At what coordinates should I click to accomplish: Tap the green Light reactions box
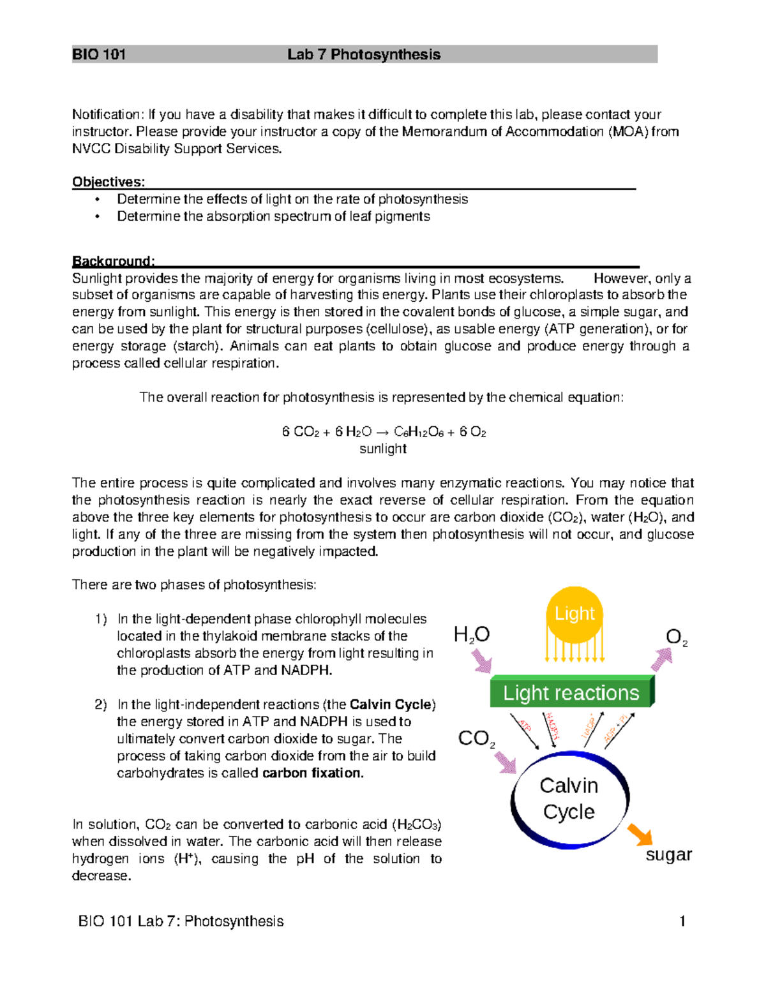click(x=571, y=692)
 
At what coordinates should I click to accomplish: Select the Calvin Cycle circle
click(x=569, y=799)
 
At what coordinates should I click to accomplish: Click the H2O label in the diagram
click(x=471, y=634)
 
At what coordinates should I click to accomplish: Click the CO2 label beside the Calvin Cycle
click(x=476, y=738)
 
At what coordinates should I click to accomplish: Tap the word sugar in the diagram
click(x=668, y=854)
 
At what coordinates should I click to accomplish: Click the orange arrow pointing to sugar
click(x=640, y=834)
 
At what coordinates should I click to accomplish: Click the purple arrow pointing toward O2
click(x=663, y=659)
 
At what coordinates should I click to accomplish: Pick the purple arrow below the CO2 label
click(x=506, y=762)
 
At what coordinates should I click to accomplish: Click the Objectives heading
click(x=109, y=182)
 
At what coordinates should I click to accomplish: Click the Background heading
click(x=113, y=261)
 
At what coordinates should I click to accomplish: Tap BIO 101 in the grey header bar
click(x=99, y=54)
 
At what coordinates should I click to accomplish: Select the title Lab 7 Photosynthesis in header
click(x=364, y=54)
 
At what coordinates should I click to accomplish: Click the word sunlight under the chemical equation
click(x=383, y=449)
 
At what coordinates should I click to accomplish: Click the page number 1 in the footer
click(x=682, y=921)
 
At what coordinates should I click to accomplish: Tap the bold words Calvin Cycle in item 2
click(x=391, y=704)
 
